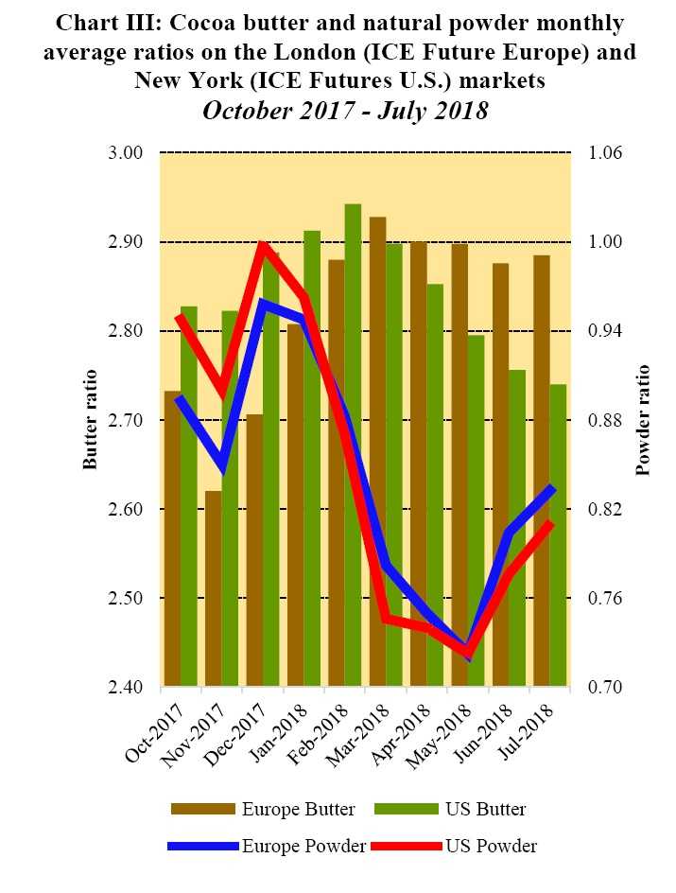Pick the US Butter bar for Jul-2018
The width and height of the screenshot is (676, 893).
pyautogui.click(x=558, y=534)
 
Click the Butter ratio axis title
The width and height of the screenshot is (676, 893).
pyautogui.click(x=91, y=420)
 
